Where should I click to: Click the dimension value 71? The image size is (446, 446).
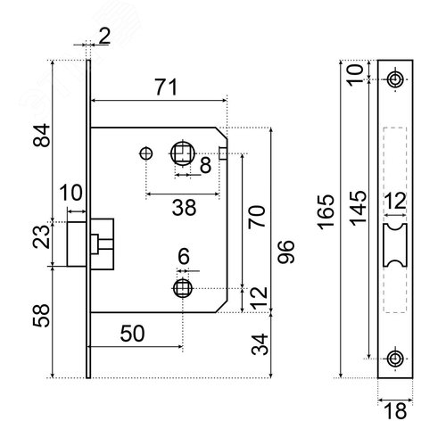[x=167, y=87]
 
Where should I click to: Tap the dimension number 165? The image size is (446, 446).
[x=326, y=211]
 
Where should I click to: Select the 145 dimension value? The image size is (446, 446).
[x=358, y=208]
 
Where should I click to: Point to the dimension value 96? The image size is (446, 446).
[x=285, y=252]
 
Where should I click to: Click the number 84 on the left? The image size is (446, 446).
[x=42, y=136]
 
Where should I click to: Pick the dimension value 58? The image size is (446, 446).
[x=42, y=316]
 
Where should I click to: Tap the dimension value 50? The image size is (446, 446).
[x=132, y=334]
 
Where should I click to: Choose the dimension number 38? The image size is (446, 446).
[x=184, y=208]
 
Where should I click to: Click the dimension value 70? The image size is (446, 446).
[x=256, y=217]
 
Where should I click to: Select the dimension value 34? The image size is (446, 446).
[x=260, y=344]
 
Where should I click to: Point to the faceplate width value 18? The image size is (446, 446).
[x=395, y=410]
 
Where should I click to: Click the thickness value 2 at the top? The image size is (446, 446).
[x=104, y=37]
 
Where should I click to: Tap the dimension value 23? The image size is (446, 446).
[x=41, y=237]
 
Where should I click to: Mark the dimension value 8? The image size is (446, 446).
[x=205, y=165]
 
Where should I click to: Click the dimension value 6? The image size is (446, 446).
[x=184, y=256]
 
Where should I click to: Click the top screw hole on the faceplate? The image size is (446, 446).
[x=395, y=79]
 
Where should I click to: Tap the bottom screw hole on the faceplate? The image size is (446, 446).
[x=395, y=359]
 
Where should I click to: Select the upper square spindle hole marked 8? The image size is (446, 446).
[x=183, y=153]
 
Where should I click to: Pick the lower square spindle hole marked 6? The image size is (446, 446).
[x=183, y=288]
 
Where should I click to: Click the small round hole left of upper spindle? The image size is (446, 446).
[x=146, y=153]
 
